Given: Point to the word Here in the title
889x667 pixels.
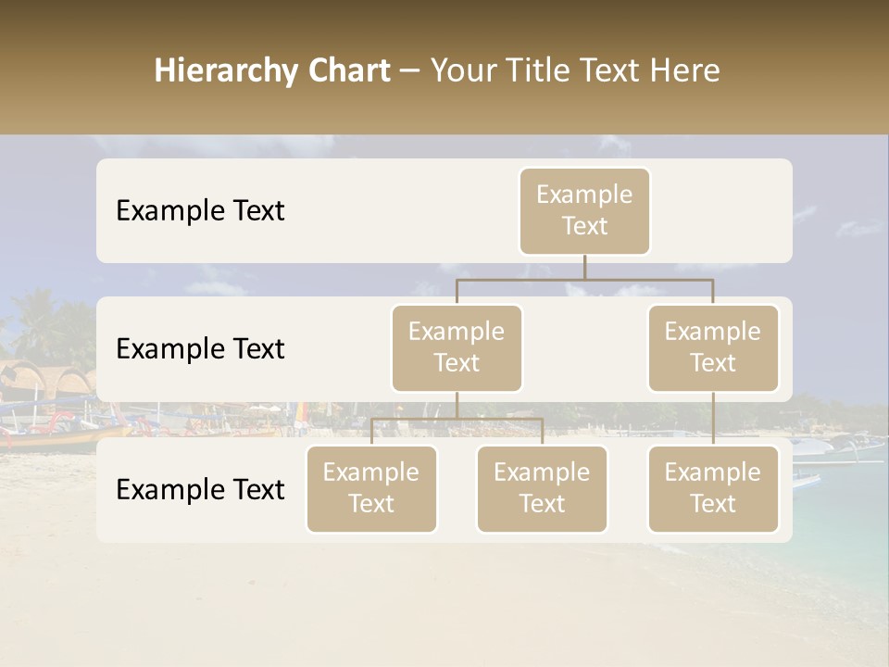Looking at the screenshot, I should pyautogui.click(x=684, y=71).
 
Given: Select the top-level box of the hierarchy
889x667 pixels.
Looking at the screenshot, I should pyautogui.click(x=584, y=210).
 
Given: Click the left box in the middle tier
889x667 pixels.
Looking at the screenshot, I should pyautogui.click(x=457, y=347).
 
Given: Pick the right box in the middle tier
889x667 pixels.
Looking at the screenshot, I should pyautogui.click(x=713, y=347).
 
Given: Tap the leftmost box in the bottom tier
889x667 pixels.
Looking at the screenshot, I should pyautogui.click(x=371, y=488).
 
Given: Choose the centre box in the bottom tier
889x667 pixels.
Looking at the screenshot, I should pyautogui.click(x=542, y=488).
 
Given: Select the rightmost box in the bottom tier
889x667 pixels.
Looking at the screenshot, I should pyautogui.click(x=713, y=488).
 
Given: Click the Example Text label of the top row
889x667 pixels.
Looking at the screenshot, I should pyautogui.click(x=200, y=211).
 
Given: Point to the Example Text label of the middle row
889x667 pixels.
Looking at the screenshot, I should pyautogui.click(x=200, y=349).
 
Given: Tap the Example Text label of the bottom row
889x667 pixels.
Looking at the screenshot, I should pyautogui.click(x=200, y=490).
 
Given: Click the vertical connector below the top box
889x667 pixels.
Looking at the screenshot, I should pyautogui.click(x=584, y=267).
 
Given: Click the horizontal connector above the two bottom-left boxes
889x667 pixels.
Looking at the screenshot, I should pyautogui.click(x=457, y=419).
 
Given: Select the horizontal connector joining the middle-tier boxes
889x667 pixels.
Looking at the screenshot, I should pyautogui.click(x=584, y=279).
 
